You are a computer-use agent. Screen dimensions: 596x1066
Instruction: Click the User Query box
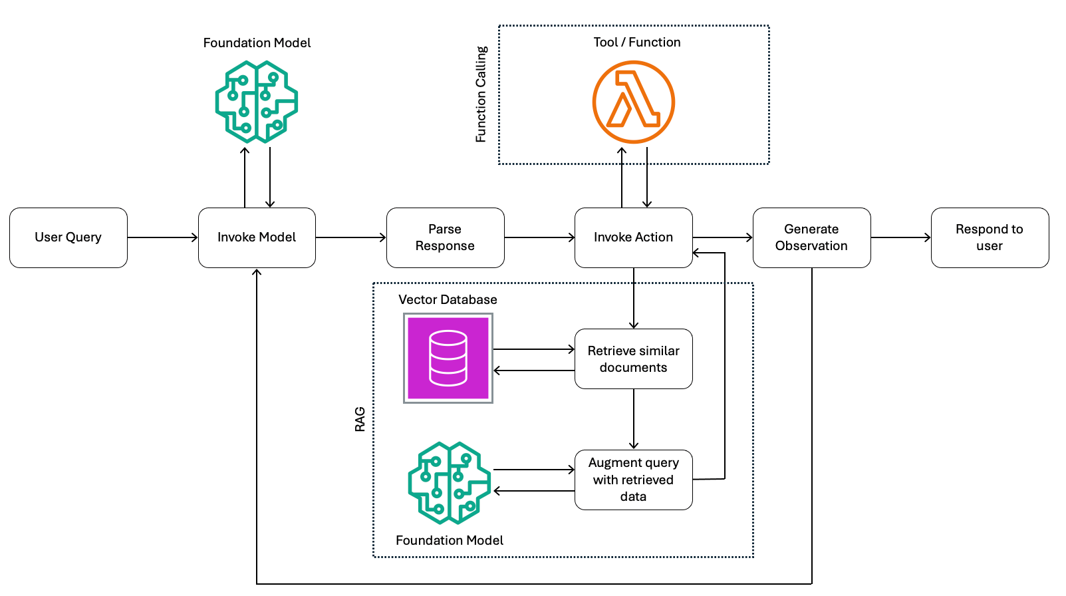click(x=68, y=237)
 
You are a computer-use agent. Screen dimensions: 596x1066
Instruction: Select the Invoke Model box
click(x=257, y=237)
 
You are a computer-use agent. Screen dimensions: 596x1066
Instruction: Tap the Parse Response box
click(x=445, y=237)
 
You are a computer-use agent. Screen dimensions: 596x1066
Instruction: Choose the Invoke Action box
click(x=633, y=237)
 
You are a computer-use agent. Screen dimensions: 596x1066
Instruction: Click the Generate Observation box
click(x=811, y=237)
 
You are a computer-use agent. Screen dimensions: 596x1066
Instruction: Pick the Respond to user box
click(x=990, y=237)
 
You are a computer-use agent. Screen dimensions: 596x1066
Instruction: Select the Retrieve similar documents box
click(x=633, y=359)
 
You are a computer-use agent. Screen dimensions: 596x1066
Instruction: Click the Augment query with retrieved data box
click(x=633, y=480)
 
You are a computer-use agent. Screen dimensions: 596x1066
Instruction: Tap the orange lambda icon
click(x=633, y=102)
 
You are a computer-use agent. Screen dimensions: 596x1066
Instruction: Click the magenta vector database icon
click(x=448, y=358)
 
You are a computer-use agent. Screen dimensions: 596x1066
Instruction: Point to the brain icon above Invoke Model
click(x=257, y=102)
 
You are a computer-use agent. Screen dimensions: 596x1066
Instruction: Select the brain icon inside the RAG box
click(x=450, y=483)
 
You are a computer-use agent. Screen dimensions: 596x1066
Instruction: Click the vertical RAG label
click(x=360, y=420)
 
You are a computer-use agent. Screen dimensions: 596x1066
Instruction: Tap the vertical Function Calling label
click(x=481, y=94)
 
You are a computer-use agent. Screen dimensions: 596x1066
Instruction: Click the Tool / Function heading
click(x=636, y=42)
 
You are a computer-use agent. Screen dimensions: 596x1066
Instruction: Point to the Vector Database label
click(x=448, y=299)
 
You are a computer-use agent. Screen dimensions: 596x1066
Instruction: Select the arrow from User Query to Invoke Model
click(x=162, y=237)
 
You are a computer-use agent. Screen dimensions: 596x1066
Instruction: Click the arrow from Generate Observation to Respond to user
click(x=900, y=237)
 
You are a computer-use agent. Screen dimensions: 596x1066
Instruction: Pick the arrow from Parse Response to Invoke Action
click(x=539, y=237)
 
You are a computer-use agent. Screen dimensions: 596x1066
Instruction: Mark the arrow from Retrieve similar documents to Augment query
click(x=634, y=419)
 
